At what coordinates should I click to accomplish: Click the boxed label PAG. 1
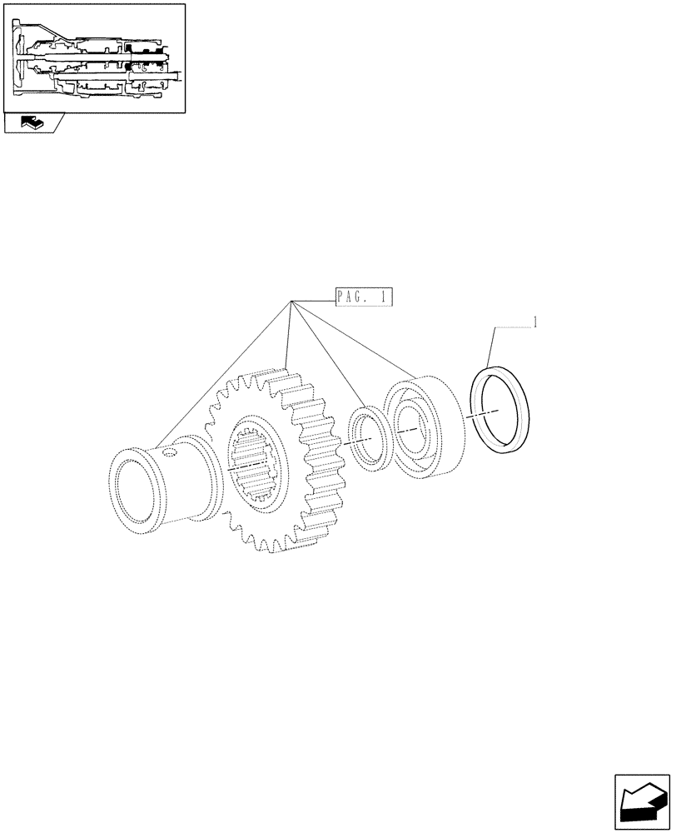363,297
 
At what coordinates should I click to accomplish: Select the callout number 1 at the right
534,322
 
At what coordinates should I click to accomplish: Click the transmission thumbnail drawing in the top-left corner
94,57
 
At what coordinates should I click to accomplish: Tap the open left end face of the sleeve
133,496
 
